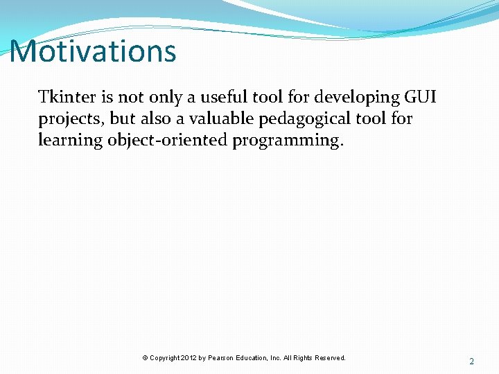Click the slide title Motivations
click(x=93, y=51)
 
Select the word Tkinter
click(x=67, y=96)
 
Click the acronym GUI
click(x=420, y=97)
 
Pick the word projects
click(x=71, y=119)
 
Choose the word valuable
click(x=222, y=118)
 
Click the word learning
click(x=70, y=141)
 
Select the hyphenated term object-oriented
click(x=168, y=141)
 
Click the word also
click(x=156, y=118)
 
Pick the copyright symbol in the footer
click(x=145, y=358)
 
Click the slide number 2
click(x=472, y=362)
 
